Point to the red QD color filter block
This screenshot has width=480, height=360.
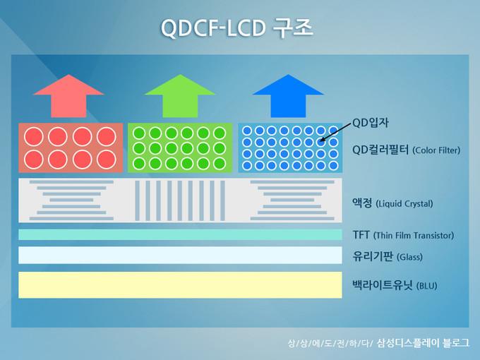[x=71, y=148]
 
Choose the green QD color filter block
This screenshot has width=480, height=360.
[x=179, y=148]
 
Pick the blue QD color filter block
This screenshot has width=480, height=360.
[x=289, y=148]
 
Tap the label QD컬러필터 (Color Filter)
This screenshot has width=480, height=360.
[x=405, y=150]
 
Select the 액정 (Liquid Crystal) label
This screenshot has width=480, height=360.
[x=392, y=203]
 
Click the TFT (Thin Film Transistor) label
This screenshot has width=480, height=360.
[x=402, y=235]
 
